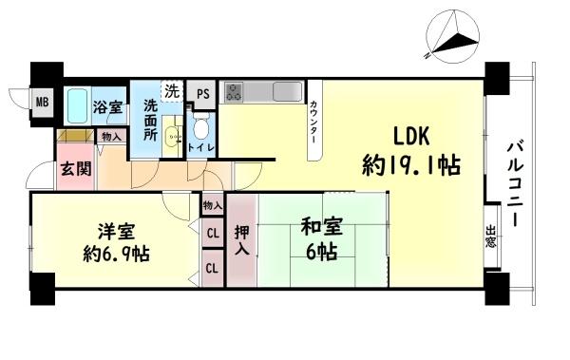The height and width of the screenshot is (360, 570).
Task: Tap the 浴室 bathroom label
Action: [107, 108]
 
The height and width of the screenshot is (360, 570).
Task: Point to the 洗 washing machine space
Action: [171, 92]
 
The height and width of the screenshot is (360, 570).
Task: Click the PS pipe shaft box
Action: [202, 93]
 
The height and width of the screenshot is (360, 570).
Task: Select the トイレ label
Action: [201, 148]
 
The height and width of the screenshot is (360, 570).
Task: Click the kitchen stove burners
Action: [234, 93]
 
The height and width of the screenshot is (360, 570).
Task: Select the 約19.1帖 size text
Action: [411, 166]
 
